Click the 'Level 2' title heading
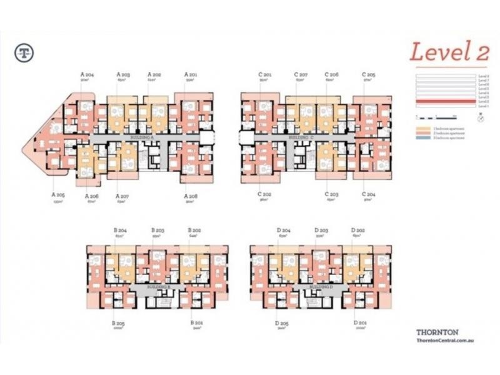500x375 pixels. [448, 52]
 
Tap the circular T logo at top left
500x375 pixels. [24, 52]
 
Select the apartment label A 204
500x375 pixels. [86, 74]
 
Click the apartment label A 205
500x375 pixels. [58, 194]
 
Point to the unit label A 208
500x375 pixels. [191, 196]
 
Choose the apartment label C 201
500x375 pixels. [263, 74]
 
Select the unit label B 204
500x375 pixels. [120, 231]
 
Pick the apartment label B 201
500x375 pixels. [196, 322]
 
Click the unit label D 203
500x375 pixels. [321, 231]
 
